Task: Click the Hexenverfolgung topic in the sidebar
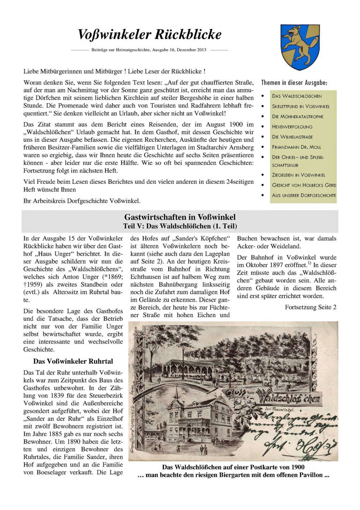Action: [x=292, y=127]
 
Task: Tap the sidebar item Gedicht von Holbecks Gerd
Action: [x=304, y=185]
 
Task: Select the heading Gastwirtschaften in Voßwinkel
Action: [x=180, y=217]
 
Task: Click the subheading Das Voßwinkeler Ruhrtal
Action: [x=71, y=361]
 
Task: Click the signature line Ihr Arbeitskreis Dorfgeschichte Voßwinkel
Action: [x=82, y=201]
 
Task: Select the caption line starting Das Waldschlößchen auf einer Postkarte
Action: [x=233, y=467]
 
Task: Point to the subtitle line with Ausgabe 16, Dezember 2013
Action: [x=149, y=49]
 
